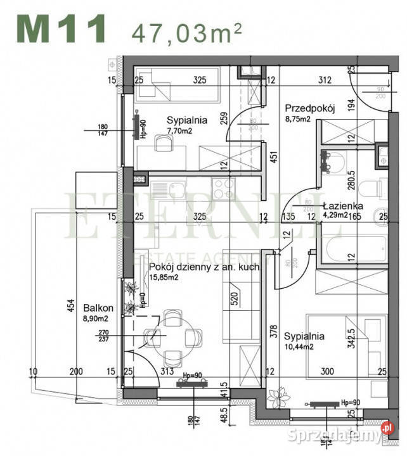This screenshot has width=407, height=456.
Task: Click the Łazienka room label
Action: click(342, 206)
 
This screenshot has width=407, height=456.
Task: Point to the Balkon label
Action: click(95, 308)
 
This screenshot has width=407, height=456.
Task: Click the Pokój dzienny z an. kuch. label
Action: click(203, 267)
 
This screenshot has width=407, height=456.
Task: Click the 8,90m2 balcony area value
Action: click(96, 319)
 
